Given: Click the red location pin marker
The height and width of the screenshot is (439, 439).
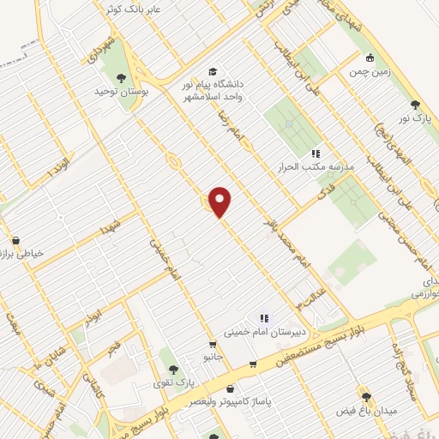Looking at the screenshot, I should pos(220,201).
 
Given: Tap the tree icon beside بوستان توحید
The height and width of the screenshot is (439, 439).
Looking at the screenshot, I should pos(130,78).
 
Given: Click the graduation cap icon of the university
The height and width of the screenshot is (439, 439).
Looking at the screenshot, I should pos(213,71).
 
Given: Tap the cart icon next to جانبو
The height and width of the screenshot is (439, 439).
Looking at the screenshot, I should pos(252,364).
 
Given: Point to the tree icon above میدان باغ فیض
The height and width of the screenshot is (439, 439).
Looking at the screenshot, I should pos(366,396).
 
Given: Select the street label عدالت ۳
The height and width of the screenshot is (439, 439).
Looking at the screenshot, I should pos(310,299).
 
